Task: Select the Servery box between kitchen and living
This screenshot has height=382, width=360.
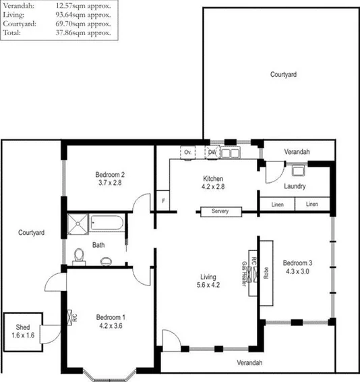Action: click(220, 211)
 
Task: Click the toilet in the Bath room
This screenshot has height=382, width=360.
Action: click(80, 256)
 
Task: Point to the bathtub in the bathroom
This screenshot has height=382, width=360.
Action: click(104, 223)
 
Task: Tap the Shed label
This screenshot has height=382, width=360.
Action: click(21, 327)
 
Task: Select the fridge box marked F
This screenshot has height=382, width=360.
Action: click(162, 201)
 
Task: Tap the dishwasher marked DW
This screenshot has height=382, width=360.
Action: click(212, 153)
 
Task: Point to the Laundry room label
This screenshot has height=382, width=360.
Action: click(295, 186)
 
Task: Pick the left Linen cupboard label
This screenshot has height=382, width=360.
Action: click(278, 204)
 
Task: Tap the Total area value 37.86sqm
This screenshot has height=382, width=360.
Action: click(83, 32)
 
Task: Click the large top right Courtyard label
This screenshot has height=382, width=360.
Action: click(283, 74)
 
